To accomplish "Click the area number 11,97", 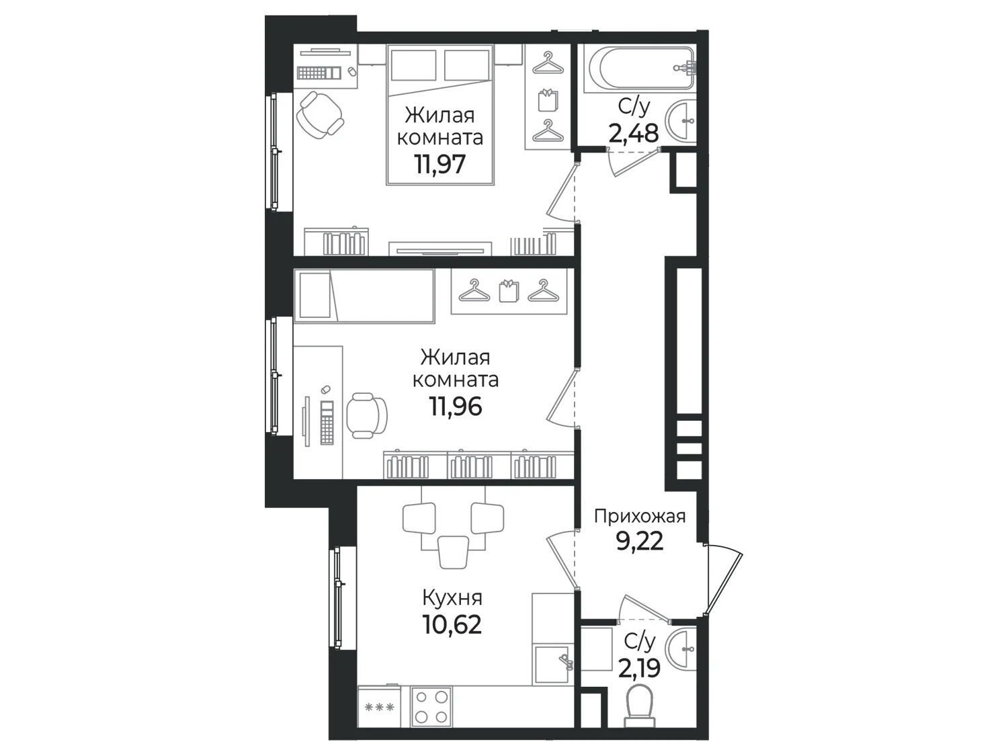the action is click(x=440, y=163).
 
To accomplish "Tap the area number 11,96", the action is click(x=456, y=406).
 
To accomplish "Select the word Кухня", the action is click(x=452, y=598).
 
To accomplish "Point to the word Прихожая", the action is click(x=640, y=517).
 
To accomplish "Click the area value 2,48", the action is click(x=634, y=133).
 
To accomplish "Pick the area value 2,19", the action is click(x=639, y=669).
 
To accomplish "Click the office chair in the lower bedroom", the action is click(x=366, y=416).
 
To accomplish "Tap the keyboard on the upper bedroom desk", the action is click(x=319, y=73).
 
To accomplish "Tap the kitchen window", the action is click(x=338, y=597).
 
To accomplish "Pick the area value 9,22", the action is click(x=640, y=542).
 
